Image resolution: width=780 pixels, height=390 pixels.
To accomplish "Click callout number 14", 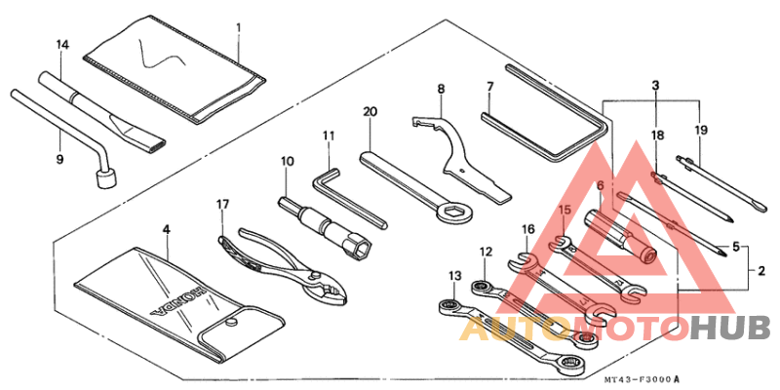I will click(62, 45).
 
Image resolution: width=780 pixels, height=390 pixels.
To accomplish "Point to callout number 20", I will click(369, 112).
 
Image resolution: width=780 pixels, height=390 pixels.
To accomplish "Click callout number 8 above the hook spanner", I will click(441, 89).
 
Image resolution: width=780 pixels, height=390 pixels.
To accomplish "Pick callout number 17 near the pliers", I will click(222, 204).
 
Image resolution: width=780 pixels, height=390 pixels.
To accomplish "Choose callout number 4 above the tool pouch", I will click(166, 229).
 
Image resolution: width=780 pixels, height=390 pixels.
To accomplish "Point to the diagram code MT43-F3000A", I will click(640, 379).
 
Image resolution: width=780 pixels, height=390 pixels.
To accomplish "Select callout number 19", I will click(700, 129).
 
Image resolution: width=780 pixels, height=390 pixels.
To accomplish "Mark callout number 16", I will click(527, 229).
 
